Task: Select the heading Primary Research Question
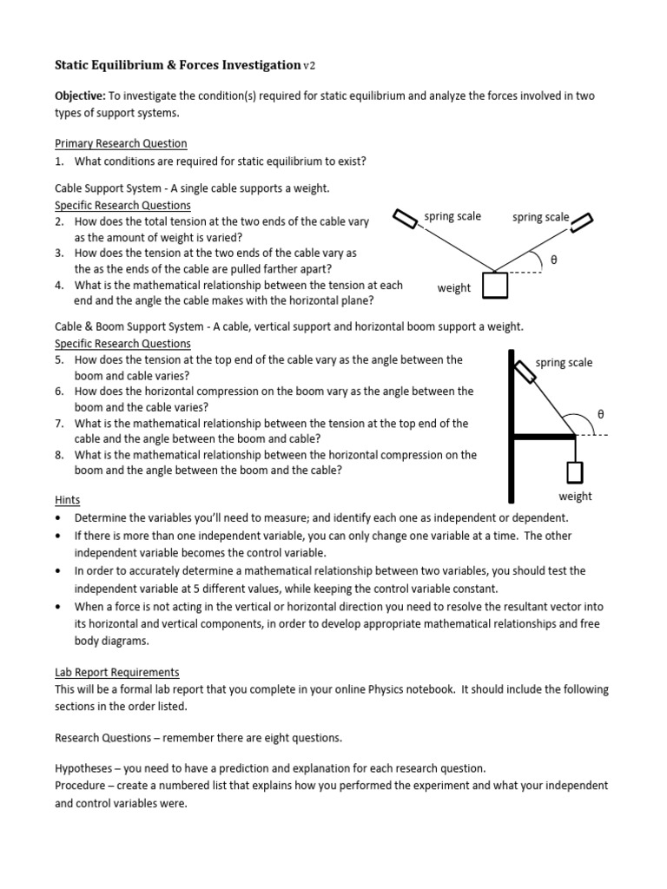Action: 121,143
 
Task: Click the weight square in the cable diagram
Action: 495,285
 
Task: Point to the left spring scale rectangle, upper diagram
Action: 406,220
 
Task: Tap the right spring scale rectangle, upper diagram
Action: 581,222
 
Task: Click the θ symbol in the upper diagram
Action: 554,260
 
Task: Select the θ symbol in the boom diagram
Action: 599,415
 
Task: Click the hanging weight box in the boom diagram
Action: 575,472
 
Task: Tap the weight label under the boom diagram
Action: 575,497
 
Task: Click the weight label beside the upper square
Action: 453,288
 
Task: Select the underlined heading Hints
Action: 68,501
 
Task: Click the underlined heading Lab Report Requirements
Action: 117,672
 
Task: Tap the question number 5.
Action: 58,359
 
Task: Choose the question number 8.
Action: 58,455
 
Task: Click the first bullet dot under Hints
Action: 58,518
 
